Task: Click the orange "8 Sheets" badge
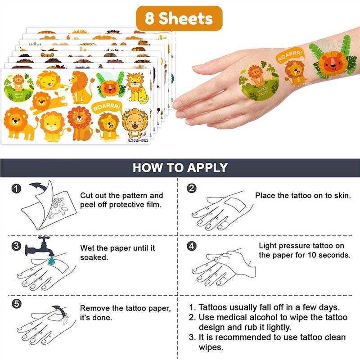point(179,18)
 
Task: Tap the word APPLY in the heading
point(207,167)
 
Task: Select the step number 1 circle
point(16,189)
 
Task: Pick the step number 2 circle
point(192,188)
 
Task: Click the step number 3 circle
point(16,246)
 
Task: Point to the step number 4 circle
point(192,246)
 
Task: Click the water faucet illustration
point(40,247)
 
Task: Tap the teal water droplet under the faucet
point(51,261)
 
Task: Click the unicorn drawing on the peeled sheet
point(58,208)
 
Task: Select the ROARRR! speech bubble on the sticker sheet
point(107,108)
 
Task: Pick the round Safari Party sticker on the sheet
point(18,87)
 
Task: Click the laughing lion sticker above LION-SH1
point(135,123)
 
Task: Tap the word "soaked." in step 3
point(94,257)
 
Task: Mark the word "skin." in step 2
point(342,196)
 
